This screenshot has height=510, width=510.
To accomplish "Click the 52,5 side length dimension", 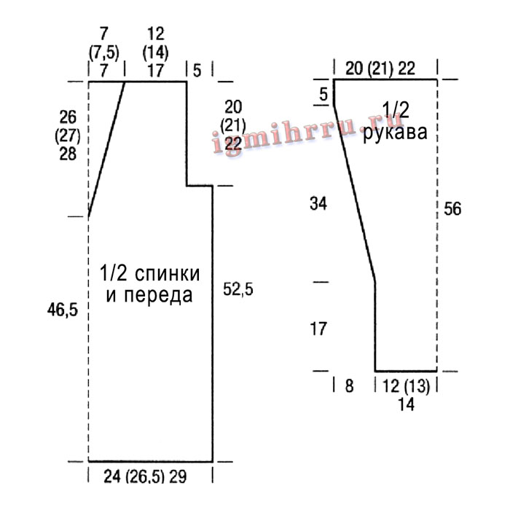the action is pyautogui.click(x=238, y=289).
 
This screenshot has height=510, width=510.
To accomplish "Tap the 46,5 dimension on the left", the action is pyautogui.click(x=63, y=309).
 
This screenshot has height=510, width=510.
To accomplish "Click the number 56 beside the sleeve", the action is pyautogui.click(x=452, y=208).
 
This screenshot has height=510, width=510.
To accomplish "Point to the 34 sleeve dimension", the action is pyautogui.click(x=318, y=204).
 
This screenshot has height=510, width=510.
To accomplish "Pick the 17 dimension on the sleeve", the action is pyautogui.click(x=318, y=329).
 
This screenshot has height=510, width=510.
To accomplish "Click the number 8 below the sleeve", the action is pyautogui.click(x=349, y=386).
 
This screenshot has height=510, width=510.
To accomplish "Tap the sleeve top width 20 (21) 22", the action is pyautogui.click(x=380, y=68).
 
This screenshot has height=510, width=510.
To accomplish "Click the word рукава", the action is pyautogui.click(x=395, y=133).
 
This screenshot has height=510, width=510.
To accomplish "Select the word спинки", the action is pyautogui.click(x=167, y=273).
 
